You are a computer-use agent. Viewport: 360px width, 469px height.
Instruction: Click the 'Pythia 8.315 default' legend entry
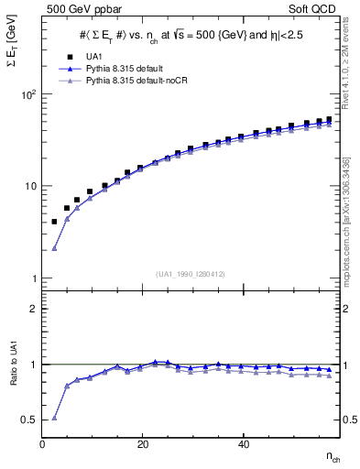tap(122, 69)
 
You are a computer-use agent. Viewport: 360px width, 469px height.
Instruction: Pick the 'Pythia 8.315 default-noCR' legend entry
tap(131, 81)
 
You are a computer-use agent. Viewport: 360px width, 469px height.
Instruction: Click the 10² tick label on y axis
tap(28, 94)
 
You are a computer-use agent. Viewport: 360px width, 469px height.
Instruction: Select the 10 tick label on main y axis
tap(30, 186)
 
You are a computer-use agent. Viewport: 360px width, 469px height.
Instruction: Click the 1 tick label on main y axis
tap(34, 278)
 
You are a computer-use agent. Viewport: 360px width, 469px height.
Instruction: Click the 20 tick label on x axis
tap(142, 444)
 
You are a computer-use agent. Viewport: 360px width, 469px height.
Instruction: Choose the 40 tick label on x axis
tap(243, 444)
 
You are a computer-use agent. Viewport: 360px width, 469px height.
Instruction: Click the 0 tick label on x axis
tap(42, 444)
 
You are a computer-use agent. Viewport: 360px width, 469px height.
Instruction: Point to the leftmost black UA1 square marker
tap(54, 222)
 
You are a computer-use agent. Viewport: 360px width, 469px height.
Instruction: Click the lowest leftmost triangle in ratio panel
tap(54, 418)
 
